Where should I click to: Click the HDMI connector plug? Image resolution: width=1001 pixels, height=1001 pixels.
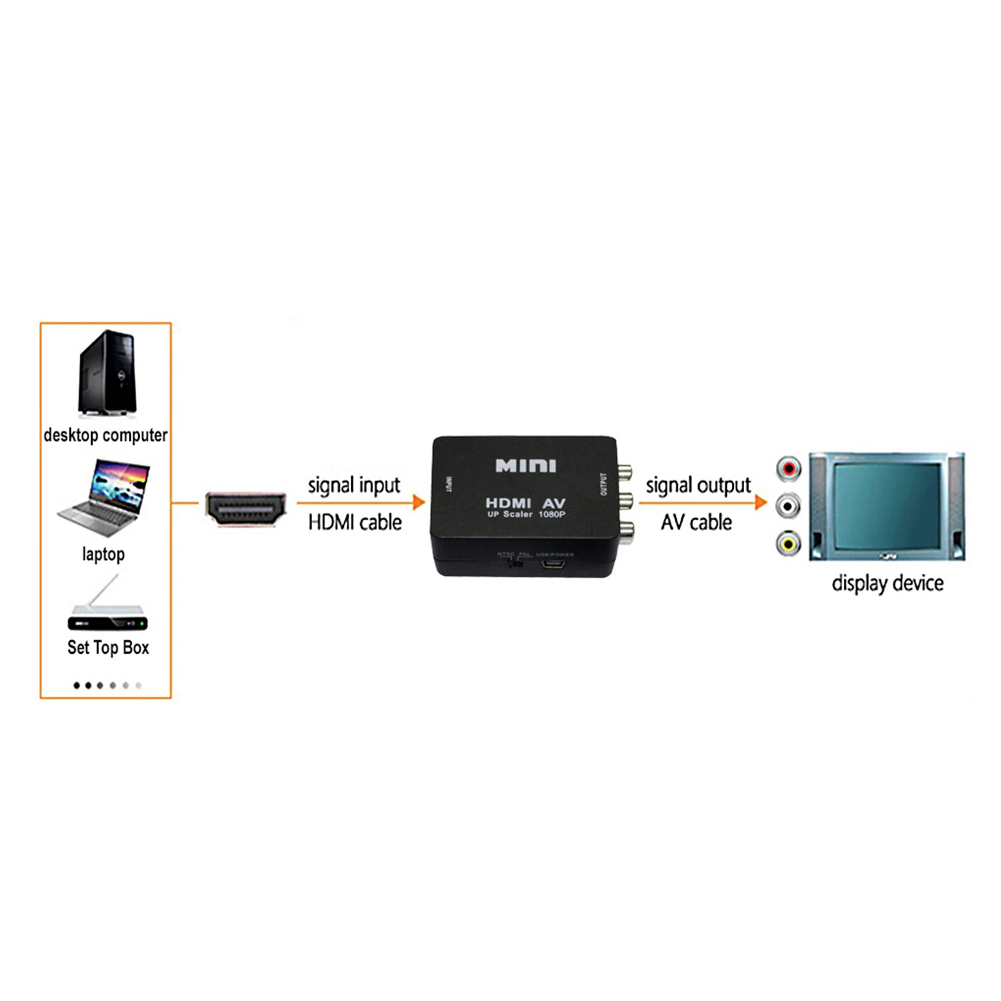click(246, 509)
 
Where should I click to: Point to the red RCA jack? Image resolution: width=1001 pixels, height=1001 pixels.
click(788, 468)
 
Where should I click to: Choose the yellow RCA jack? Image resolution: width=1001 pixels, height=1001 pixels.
click(788, 544)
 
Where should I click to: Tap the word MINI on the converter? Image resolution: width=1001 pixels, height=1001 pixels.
click(526, 465)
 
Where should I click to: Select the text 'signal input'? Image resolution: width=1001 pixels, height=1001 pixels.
click(354, 485)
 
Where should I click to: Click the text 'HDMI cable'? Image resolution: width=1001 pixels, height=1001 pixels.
click(355, 522)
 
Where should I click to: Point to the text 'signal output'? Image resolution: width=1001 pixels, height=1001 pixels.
click(698, 485)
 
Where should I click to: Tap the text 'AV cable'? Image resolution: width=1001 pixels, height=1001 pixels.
click(696, 522)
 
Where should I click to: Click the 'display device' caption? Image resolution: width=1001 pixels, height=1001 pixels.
click(887, 584)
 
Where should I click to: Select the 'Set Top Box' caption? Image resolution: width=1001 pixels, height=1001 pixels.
click(108, 648)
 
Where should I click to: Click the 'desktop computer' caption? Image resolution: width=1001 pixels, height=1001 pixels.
click(105, 435)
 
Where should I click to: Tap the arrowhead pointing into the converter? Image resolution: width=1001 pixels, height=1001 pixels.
click(418, 502)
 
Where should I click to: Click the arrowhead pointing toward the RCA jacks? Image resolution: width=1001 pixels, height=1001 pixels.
click(761, 502)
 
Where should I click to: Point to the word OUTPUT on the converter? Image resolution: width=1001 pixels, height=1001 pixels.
click(603, 484)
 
